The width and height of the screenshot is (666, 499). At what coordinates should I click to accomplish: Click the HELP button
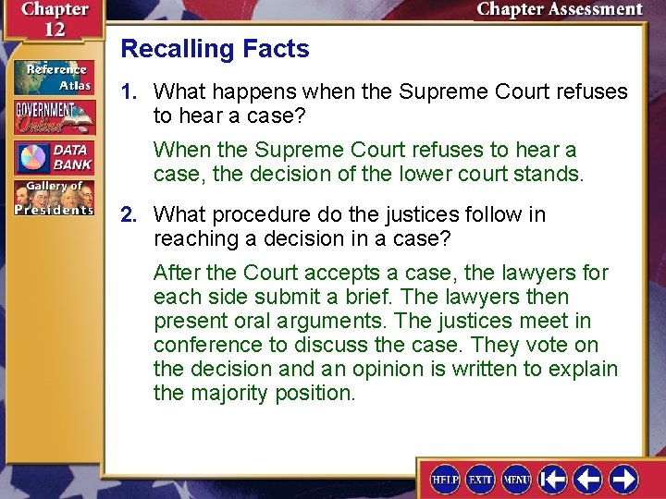(445, 479)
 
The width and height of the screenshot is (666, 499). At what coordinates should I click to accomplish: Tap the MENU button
(516, 479)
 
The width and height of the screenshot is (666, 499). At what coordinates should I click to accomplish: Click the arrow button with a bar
(553, 479)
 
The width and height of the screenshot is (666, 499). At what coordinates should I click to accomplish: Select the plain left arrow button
(588, 479)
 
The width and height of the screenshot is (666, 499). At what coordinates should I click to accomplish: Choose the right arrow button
(623, 479)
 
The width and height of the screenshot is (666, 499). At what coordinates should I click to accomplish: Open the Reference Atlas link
(53, 77)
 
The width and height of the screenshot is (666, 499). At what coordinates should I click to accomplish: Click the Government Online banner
(53, 116)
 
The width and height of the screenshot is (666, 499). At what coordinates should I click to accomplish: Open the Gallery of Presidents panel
(53, 197)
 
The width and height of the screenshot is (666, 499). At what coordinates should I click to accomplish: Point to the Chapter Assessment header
(559, 10)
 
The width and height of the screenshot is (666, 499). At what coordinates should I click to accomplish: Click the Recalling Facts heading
(215, 49)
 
